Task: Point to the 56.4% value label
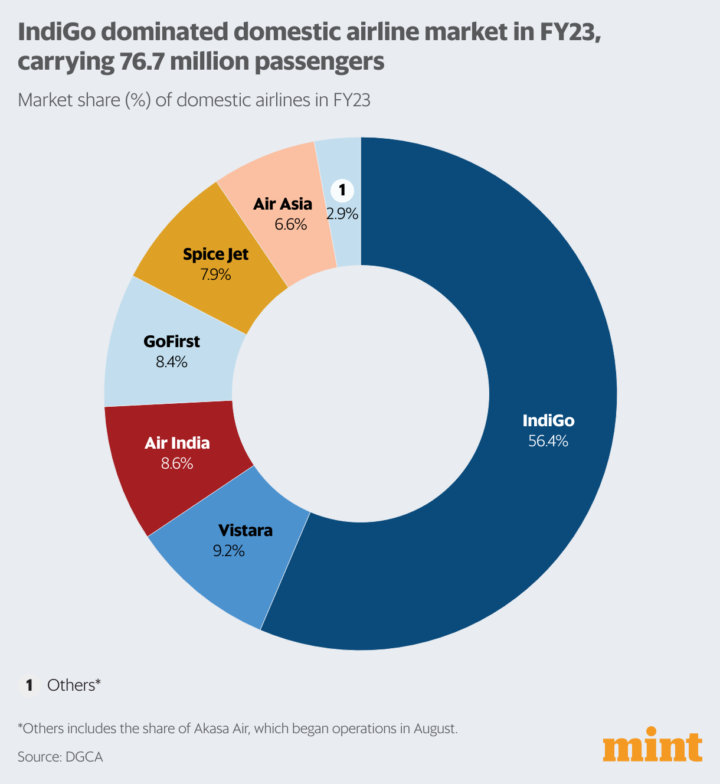(x=548, y=441)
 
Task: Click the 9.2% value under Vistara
(x=228, y=551)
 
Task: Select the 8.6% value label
(x=177, y=463)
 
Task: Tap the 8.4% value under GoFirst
(x=171, y=362)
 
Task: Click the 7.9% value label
(x=215, y=275)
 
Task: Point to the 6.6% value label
(x=290, y=224)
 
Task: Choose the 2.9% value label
(x=342, y=214)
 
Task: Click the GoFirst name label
(x=172, y=342)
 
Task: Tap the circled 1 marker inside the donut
(x=342, y=191)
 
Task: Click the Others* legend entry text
(x=74, y=685)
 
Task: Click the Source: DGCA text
(x=60, y=757)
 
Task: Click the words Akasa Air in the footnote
(x=222, y=729)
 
